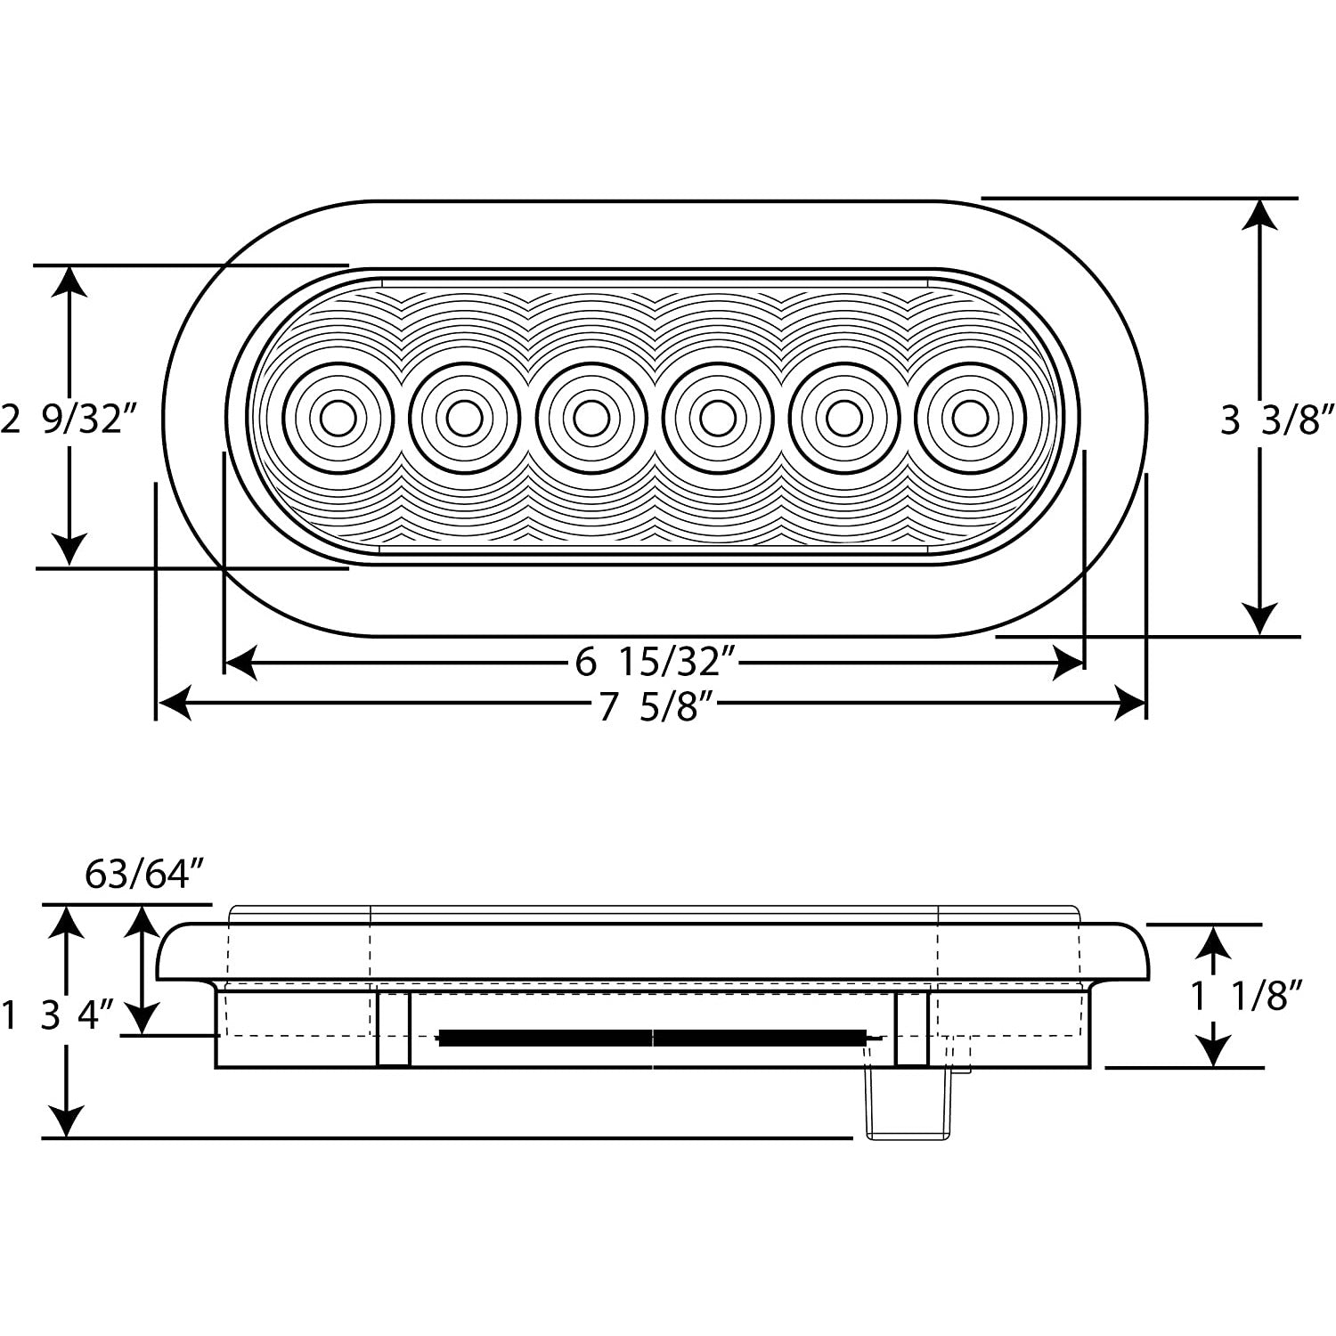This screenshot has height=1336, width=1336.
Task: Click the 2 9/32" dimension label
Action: coord(71,418)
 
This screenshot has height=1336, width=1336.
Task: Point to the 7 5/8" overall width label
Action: coord(657,708)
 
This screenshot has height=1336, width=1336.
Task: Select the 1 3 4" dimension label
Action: coord(59,1015)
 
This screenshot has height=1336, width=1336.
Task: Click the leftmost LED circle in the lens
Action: coord(338,418)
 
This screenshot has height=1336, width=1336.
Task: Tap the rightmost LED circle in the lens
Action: coord(970,418)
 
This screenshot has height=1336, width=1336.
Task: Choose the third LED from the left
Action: coord(591,418)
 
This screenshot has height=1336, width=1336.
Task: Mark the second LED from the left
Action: coord(464,418)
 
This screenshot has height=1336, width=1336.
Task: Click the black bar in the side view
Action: coord(653,1037)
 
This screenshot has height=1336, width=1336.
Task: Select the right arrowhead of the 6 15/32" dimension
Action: coord(1069,663)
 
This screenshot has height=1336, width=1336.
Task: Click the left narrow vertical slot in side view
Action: coord(394,1028)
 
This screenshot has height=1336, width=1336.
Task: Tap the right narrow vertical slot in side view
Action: coord(911,1028)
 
